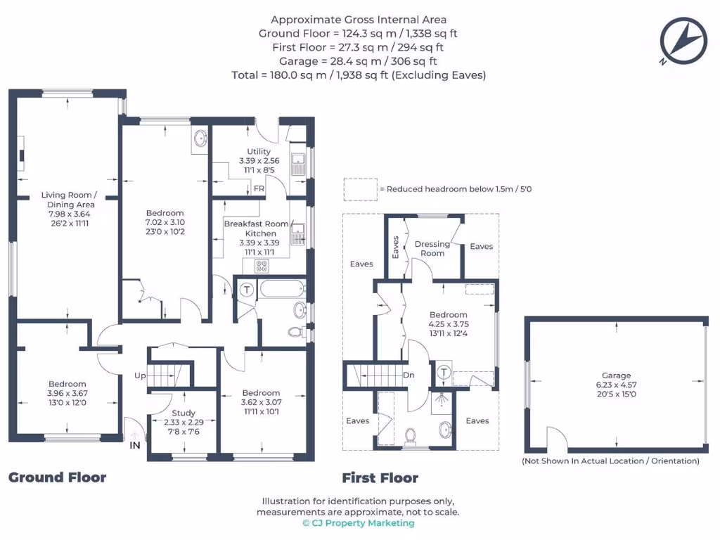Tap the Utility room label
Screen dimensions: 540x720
click(259, 152)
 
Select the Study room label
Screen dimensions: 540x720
click(184, 413)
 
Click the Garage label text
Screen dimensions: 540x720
click(616, 375)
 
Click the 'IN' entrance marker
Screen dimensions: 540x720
click(135, 445)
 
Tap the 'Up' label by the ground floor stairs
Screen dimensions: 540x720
click(140, 376)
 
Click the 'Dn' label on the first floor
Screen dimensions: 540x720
click(409, 375)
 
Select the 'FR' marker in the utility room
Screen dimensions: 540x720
click(259, 188)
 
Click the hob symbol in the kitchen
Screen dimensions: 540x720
click(262, 266)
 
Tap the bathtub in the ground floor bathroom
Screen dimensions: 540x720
click(282, 289)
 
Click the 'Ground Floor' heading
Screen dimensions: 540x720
click(57, 478)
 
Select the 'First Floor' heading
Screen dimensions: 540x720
click(380, 479)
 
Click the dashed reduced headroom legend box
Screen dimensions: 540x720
click(359, 189)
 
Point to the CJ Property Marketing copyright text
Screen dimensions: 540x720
click(359, 523)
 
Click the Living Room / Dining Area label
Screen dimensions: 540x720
click(68, 200)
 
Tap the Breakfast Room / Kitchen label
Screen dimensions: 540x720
click(257, 229)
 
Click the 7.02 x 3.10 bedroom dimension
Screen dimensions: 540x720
click(165, 222)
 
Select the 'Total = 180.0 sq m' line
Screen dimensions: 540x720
click(359, 75)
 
